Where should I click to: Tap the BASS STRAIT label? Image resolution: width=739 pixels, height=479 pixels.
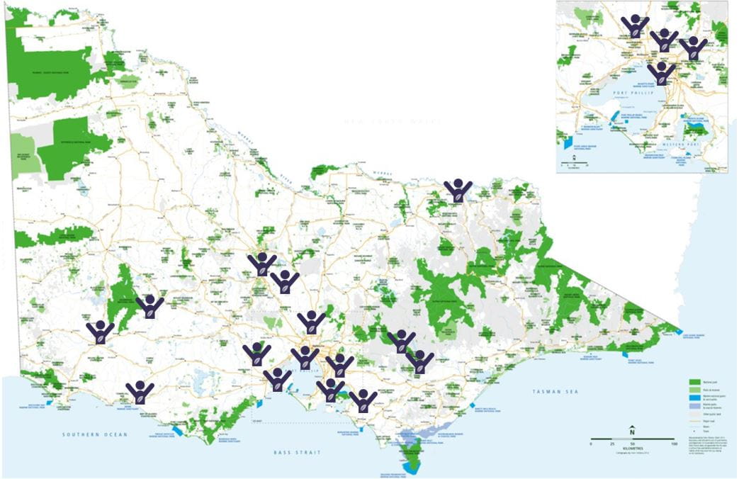[298, 452]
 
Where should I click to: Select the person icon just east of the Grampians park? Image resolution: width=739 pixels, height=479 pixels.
[150, 307]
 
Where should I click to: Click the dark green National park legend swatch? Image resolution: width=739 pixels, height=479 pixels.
[695, 381]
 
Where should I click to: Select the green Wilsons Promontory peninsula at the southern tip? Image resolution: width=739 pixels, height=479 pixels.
[412, 453]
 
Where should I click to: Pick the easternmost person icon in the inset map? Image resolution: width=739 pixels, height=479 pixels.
[693, 48]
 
